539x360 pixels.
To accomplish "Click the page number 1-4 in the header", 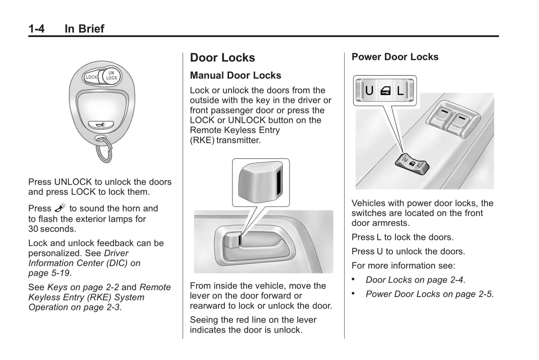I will click(36, 29).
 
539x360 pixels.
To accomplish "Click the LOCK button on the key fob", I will click(91, 77).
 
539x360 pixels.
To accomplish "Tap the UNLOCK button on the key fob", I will click(111, 76).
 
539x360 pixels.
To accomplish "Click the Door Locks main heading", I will click(222, 58).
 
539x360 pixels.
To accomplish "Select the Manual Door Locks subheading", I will click(235, 75).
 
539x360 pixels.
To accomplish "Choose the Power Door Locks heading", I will click(395, 57).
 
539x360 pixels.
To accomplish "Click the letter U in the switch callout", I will click(369, 91).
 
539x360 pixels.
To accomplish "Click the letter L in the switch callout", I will click(400, 91).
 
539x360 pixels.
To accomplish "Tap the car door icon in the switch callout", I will click(385, 91).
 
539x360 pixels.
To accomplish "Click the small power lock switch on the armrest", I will click(412, 164).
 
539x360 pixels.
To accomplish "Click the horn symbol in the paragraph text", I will click(60, 208).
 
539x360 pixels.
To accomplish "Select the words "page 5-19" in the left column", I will click(49, 273).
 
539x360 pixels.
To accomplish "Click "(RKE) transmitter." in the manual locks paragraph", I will click(225, 140).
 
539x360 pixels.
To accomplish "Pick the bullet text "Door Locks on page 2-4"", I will click(415, 280).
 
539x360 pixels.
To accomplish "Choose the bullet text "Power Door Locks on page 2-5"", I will click(429, 294).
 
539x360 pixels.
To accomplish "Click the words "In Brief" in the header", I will click(84, 29).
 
